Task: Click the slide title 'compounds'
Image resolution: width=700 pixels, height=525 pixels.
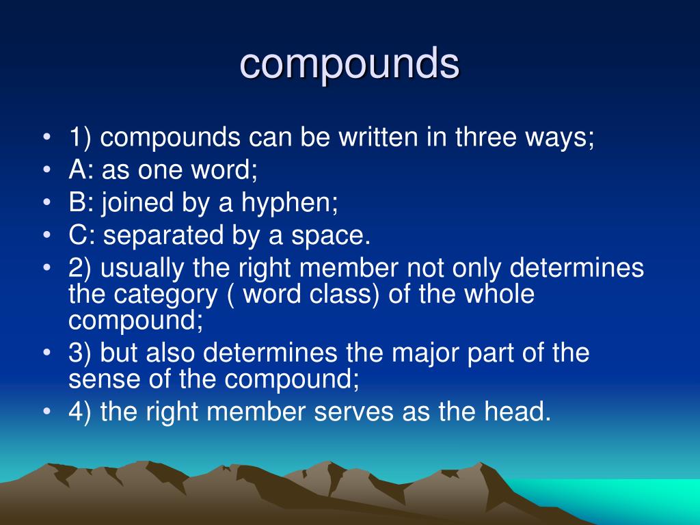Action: (349, 64)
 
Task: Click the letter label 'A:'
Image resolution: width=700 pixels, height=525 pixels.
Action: (80, 170)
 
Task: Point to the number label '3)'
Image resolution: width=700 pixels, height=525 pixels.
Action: (81, 353)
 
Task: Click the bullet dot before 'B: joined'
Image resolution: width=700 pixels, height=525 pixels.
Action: (46, 203)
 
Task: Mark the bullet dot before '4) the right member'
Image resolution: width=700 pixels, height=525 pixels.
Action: (46, 412)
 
